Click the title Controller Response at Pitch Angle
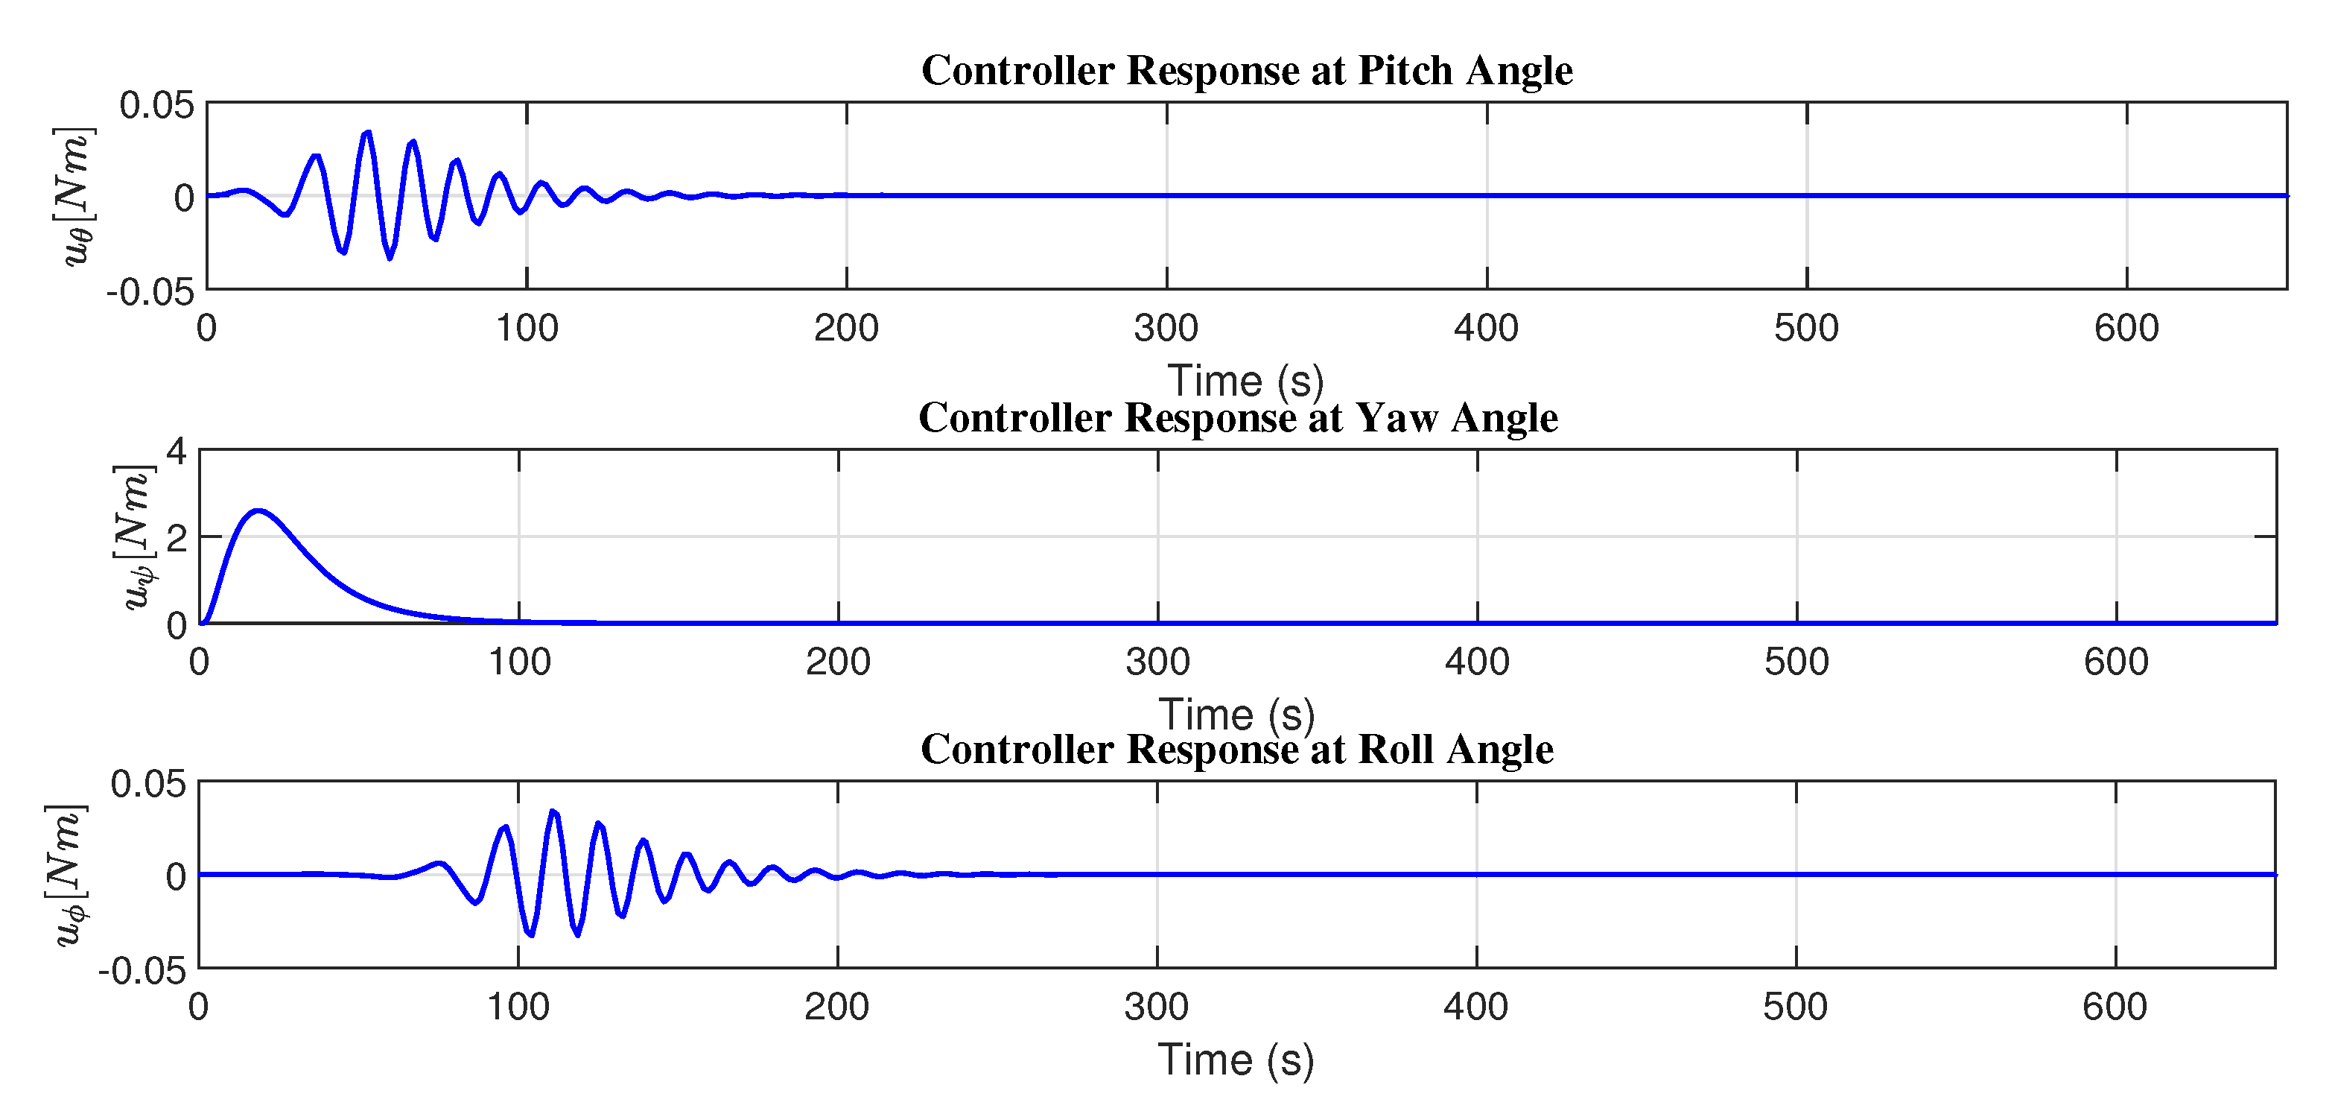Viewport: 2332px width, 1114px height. coord(1247,71)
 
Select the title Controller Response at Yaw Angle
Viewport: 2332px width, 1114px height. coord(1238,417)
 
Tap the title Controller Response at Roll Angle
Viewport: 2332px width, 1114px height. coord(1236,749)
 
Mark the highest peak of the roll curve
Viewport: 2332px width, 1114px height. coord(553,811)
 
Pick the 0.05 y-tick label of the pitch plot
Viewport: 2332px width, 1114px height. coord(156,105)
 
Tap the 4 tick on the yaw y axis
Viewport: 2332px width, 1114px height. coord(177,451)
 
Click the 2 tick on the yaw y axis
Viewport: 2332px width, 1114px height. coord(177,538)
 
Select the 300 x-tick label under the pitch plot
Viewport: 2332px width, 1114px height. coord(1166,328)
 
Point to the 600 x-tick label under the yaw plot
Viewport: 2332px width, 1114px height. coord(2116,662)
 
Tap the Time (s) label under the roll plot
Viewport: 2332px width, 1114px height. coord(1236,1060)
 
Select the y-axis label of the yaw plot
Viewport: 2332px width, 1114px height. coord(136,537)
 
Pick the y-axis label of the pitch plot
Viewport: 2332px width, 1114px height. coord(75,197)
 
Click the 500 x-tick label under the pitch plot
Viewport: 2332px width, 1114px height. coord(1806,328)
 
